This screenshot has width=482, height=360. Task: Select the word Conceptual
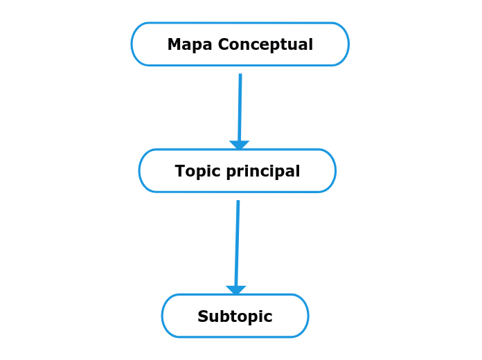pos(266,45)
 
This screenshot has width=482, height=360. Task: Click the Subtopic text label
pos(235,316)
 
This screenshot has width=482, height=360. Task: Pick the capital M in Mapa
pos(174,45)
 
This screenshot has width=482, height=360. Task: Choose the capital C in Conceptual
pos(224,45)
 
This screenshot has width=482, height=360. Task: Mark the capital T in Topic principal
pos(180,171)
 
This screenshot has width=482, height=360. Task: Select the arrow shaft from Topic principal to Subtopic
pos(238,242)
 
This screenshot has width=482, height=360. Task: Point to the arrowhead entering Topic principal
pos(239,145)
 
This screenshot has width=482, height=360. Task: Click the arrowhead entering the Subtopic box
pos(236,291)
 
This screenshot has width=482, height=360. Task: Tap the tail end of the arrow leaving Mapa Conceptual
pos(240,75)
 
